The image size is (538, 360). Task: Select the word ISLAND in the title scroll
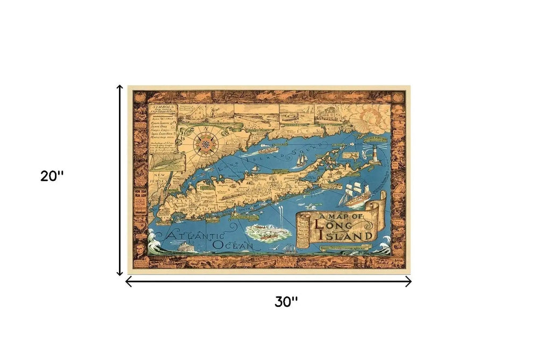click(x=352, y=235)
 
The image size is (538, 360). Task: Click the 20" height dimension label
click(x=52, y=177)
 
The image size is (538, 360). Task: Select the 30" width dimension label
click(x=286, y=301)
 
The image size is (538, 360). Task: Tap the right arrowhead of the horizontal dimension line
click(x=409, y=281)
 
